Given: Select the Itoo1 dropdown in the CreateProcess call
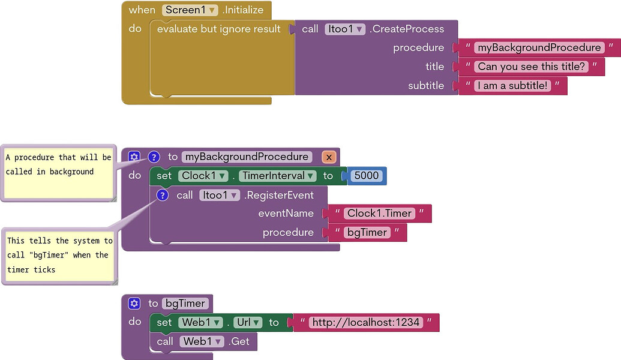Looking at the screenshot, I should coord(345,29).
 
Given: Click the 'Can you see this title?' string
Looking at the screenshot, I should coord(531,67).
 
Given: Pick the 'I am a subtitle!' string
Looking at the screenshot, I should coord(512,86).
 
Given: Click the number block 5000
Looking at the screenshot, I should coord(367,176).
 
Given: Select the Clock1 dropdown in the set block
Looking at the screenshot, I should coord(205,176).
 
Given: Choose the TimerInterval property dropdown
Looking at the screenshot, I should coord(278,176).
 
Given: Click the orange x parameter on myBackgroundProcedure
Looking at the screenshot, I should coord(329,157).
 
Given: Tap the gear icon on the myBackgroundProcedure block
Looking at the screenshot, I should coord(134,157).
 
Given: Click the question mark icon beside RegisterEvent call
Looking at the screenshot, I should coord(161,195).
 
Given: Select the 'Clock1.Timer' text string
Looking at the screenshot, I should coord(379,214).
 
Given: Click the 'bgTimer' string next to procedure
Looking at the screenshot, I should coord(367,232).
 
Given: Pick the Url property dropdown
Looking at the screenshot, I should coord(247,322).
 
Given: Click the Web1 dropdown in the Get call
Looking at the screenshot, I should coord(202,341).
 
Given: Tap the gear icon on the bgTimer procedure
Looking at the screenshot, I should coord(134,304).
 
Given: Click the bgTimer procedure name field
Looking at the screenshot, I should coord(185,304).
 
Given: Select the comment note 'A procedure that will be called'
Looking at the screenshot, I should coord(58,171).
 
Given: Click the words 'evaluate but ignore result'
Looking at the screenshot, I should coord(219,29).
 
